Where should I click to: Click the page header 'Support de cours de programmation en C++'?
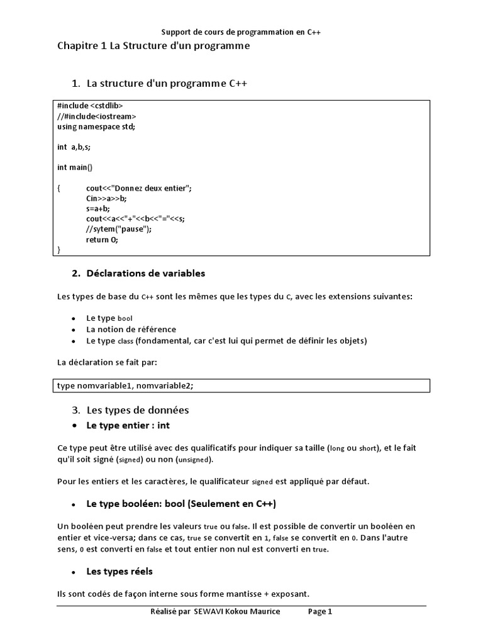tap(242, 31)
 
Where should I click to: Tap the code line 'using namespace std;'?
tap(96, 126)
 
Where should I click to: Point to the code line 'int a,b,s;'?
tap(74, 147)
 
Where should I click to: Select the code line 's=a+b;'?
tap(98, 208)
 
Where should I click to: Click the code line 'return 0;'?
tap(102, 240)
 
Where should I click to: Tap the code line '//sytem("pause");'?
tap(119, 229)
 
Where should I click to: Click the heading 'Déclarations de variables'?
tap(146, 274)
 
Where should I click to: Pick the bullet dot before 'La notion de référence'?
tap(74, 330)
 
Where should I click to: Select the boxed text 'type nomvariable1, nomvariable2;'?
tap(125, 386)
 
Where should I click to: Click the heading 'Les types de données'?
tap(138, 410)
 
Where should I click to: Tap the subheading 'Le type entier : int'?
tap(128, 426)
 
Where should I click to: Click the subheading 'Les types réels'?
tap(119, 572)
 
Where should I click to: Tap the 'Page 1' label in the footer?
tap(319, 611)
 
